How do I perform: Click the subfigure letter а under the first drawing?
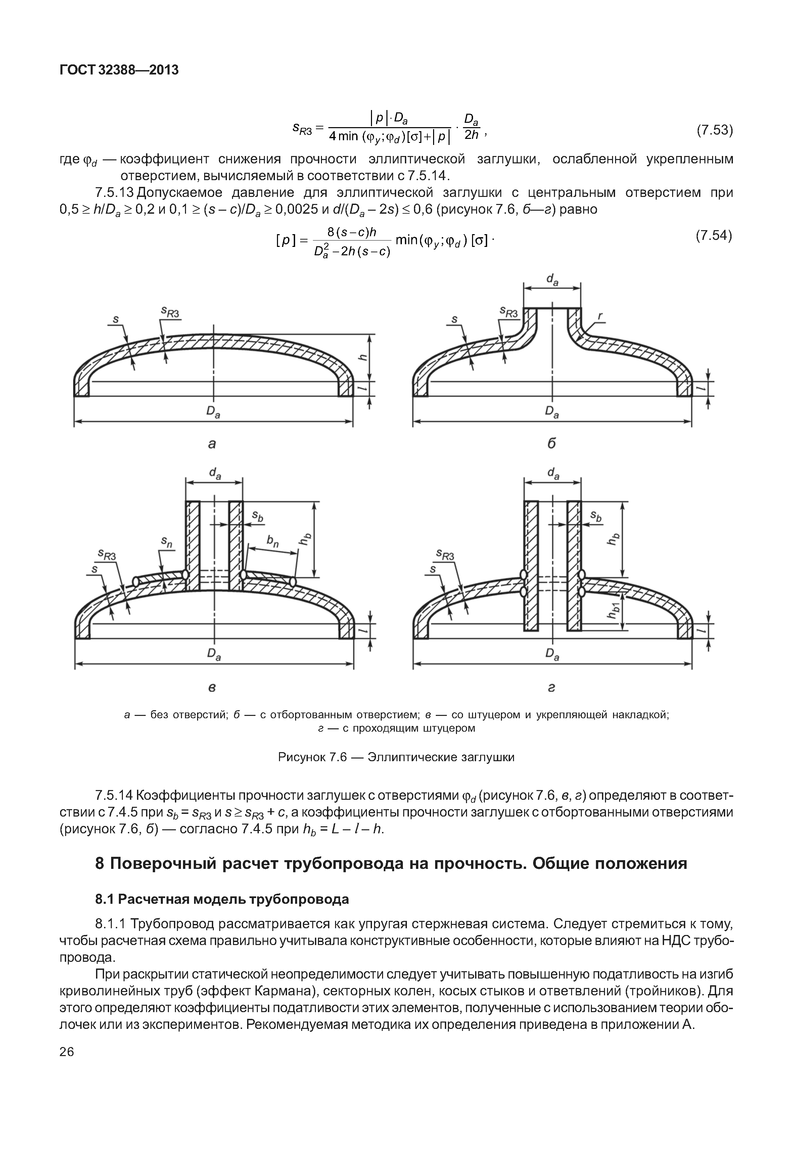(x=212, y=444)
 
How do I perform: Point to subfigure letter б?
(x=552, y=443)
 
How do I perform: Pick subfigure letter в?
(x=212, y=688)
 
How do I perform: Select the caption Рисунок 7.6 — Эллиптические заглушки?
(x=396, y=757)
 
